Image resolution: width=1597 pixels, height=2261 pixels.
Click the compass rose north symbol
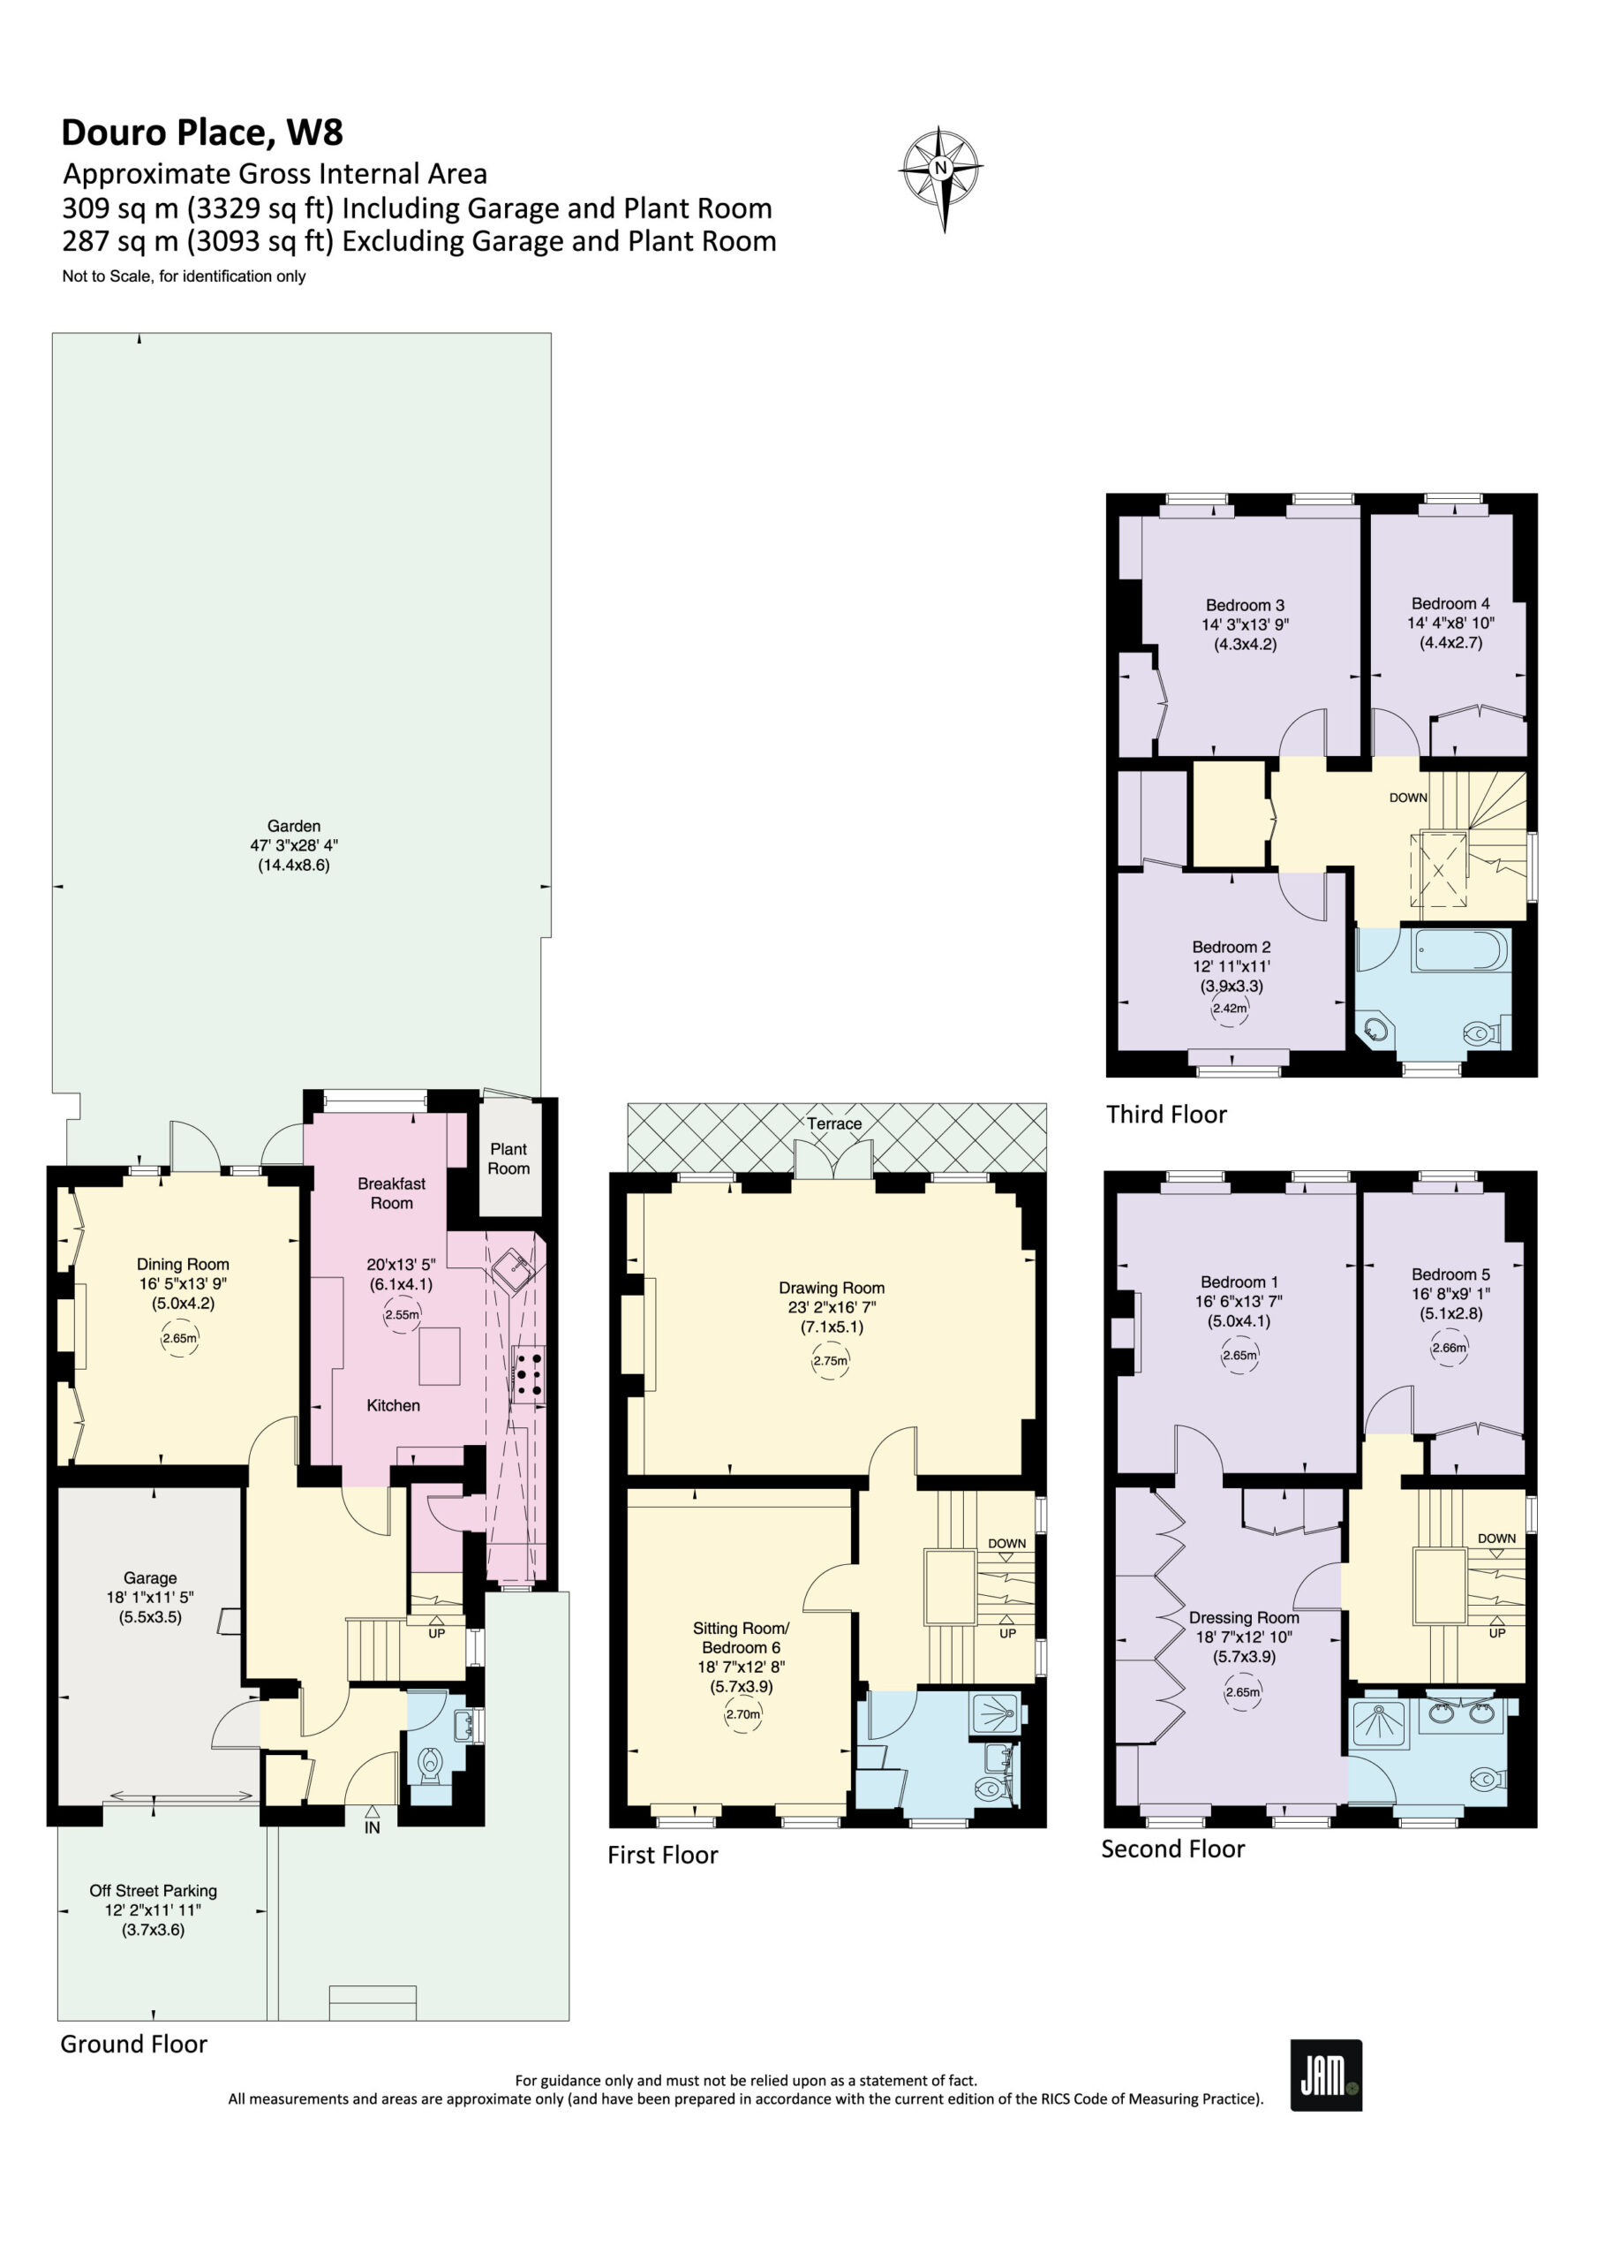pyautogui.click(x=942, y=178)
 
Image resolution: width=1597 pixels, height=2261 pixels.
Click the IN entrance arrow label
pyautogui.click(x=373, y=1826)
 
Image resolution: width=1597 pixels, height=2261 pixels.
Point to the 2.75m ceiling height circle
pyautogui.click(x=829, y=1361)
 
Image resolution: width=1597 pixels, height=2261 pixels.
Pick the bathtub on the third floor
pyautogui.click(x=1460, y=952)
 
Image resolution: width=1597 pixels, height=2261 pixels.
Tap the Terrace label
pyautogui.click(x=834, y=1123)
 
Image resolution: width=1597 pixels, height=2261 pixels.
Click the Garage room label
pyautogui.click(x=150, y=1577)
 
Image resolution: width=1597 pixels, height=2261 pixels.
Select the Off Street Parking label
pyautogui.click(x=153, y=1891)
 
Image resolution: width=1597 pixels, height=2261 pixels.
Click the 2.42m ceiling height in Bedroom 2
pyautogui.click(x=1229, y=1009)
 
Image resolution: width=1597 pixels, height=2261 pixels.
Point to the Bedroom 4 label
pyautogui.click(x=1450, y=603)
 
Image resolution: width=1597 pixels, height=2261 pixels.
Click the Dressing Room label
pyautogui.click(x=1244, y=1618)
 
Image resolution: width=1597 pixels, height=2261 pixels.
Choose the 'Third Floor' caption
pyautogui.click(x=1166, y=1115)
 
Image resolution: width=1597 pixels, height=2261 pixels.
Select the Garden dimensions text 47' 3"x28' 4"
pyautogui.click(x=293, y=846)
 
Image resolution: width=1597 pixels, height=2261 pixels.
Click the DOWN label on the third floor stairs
pyautogui.click(x=1408, y=798)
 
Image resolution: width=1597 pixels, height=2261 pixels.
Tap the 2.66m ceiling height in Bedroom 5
pyautogui.click(x=1450, y=1348)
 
